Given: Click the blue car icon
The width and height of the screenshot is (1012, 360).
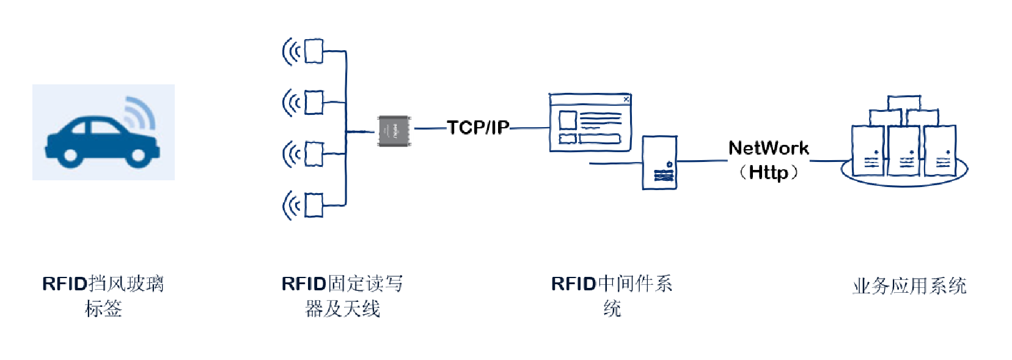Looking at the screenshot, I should pyautogui.click(x=101, y=141).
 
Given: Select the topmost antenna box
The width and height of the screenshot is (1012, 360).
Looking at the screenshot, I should pyautogui.click(x=313, y=51).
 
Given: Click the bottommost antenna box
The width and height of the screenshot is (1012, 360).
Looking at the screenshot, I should pyautogui.click(x=313, y=205).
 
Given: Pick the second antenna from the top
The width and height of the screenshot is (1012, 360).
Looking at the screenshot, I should pyautogui.click(x=313, y=102).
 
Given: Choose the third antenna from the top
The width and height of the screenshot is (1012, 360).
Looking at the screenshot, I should pyautogui.click(x=313, y=154).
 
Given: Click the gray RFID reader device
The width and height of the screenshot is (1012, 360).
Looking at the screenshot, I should pyautogui.click(x=394, y=131).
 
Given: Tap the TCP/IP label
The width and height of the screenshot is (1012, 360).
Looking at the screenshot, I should pyautogui.click(x=478, y=127).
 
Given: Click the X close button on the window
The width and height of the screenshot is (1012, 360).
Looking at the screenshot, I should pyautogui.click(x=626, y=99).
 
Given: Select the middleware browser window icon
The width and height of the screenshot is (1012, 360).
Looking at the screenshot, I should pyautogui.click(x=590, y=122).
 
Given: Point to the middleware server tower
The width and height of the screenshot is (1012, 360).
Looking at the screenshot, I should pyautogui.click(x=659, y=163).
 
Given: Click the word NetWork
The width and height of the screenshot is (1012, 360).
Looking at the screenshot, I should pyautogui.click(x=768, y=148).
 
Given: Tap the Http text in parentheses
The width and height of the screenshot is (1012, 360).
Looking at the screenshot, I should pyautogui.click(x=768, y=172).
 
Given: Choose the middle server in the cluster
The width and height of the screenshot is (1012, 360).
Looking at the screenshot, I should pyautogui.click(x=903, y=151).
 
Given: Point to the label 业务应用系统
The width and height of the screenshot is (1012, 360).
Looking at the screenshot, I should pyautogui.click(x=909, y=286).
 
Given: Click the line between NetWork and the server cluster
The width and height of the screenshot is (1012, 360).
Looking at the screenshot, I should pyautogui.click(x=828, y=161).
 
